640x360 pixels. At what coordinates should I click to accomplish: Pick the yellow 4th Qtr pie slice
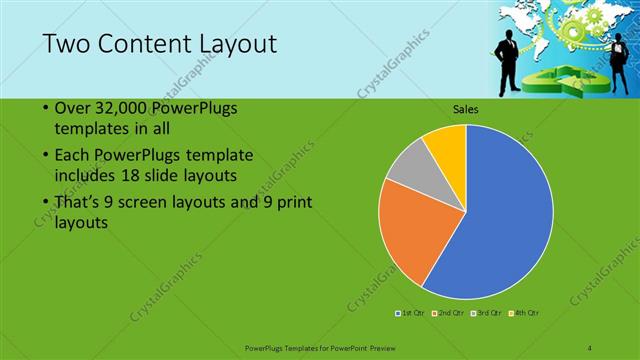pyautogui.click(x=446, y=146)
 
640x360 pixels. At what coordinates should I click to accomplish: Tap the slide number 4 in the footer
pyautogui.click(x=590, y=346)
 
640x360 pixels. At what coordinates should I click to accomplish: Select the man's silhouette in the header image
pyautogui.click(x=509, y=55)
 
